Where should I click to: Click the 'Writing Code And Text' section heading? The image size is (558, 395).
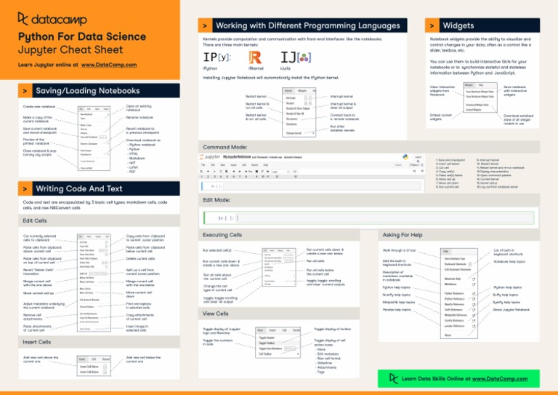pyautogui.click(x=79, y=189)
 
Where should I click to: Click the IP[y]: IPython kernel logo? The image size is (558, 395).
pyautogui.click(x=217, y=56)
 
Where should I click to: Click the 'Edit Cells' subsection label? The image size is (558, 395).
pyautogui.click(x=36, y=220)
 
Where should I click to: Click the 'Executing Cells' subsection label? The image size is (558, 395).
pyautogui.click(x=222, y=235)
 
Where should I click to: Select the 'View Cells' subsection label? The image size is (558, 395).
pyautogui.click(x=216, y=314)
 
